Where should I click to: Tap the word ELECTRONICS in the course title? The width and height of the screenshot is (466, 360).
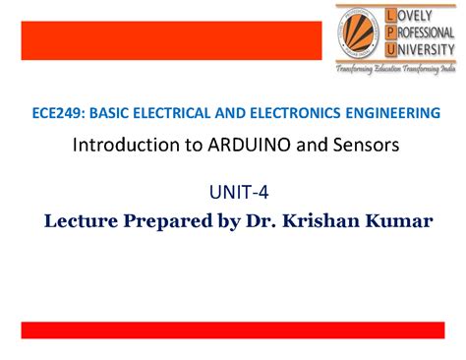[x=285, y=114]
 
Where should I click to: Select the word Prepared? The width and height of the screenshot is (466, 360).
[x=167, y=219]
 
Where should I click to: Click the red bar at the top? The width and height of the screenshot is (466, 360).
[x=171, y=41]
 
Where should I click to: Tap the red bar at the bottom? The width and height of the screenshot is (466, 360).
[x=233, y=330]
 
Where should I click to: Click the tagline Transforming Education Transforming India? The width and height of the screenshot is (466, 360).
[x=395, y=72]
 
